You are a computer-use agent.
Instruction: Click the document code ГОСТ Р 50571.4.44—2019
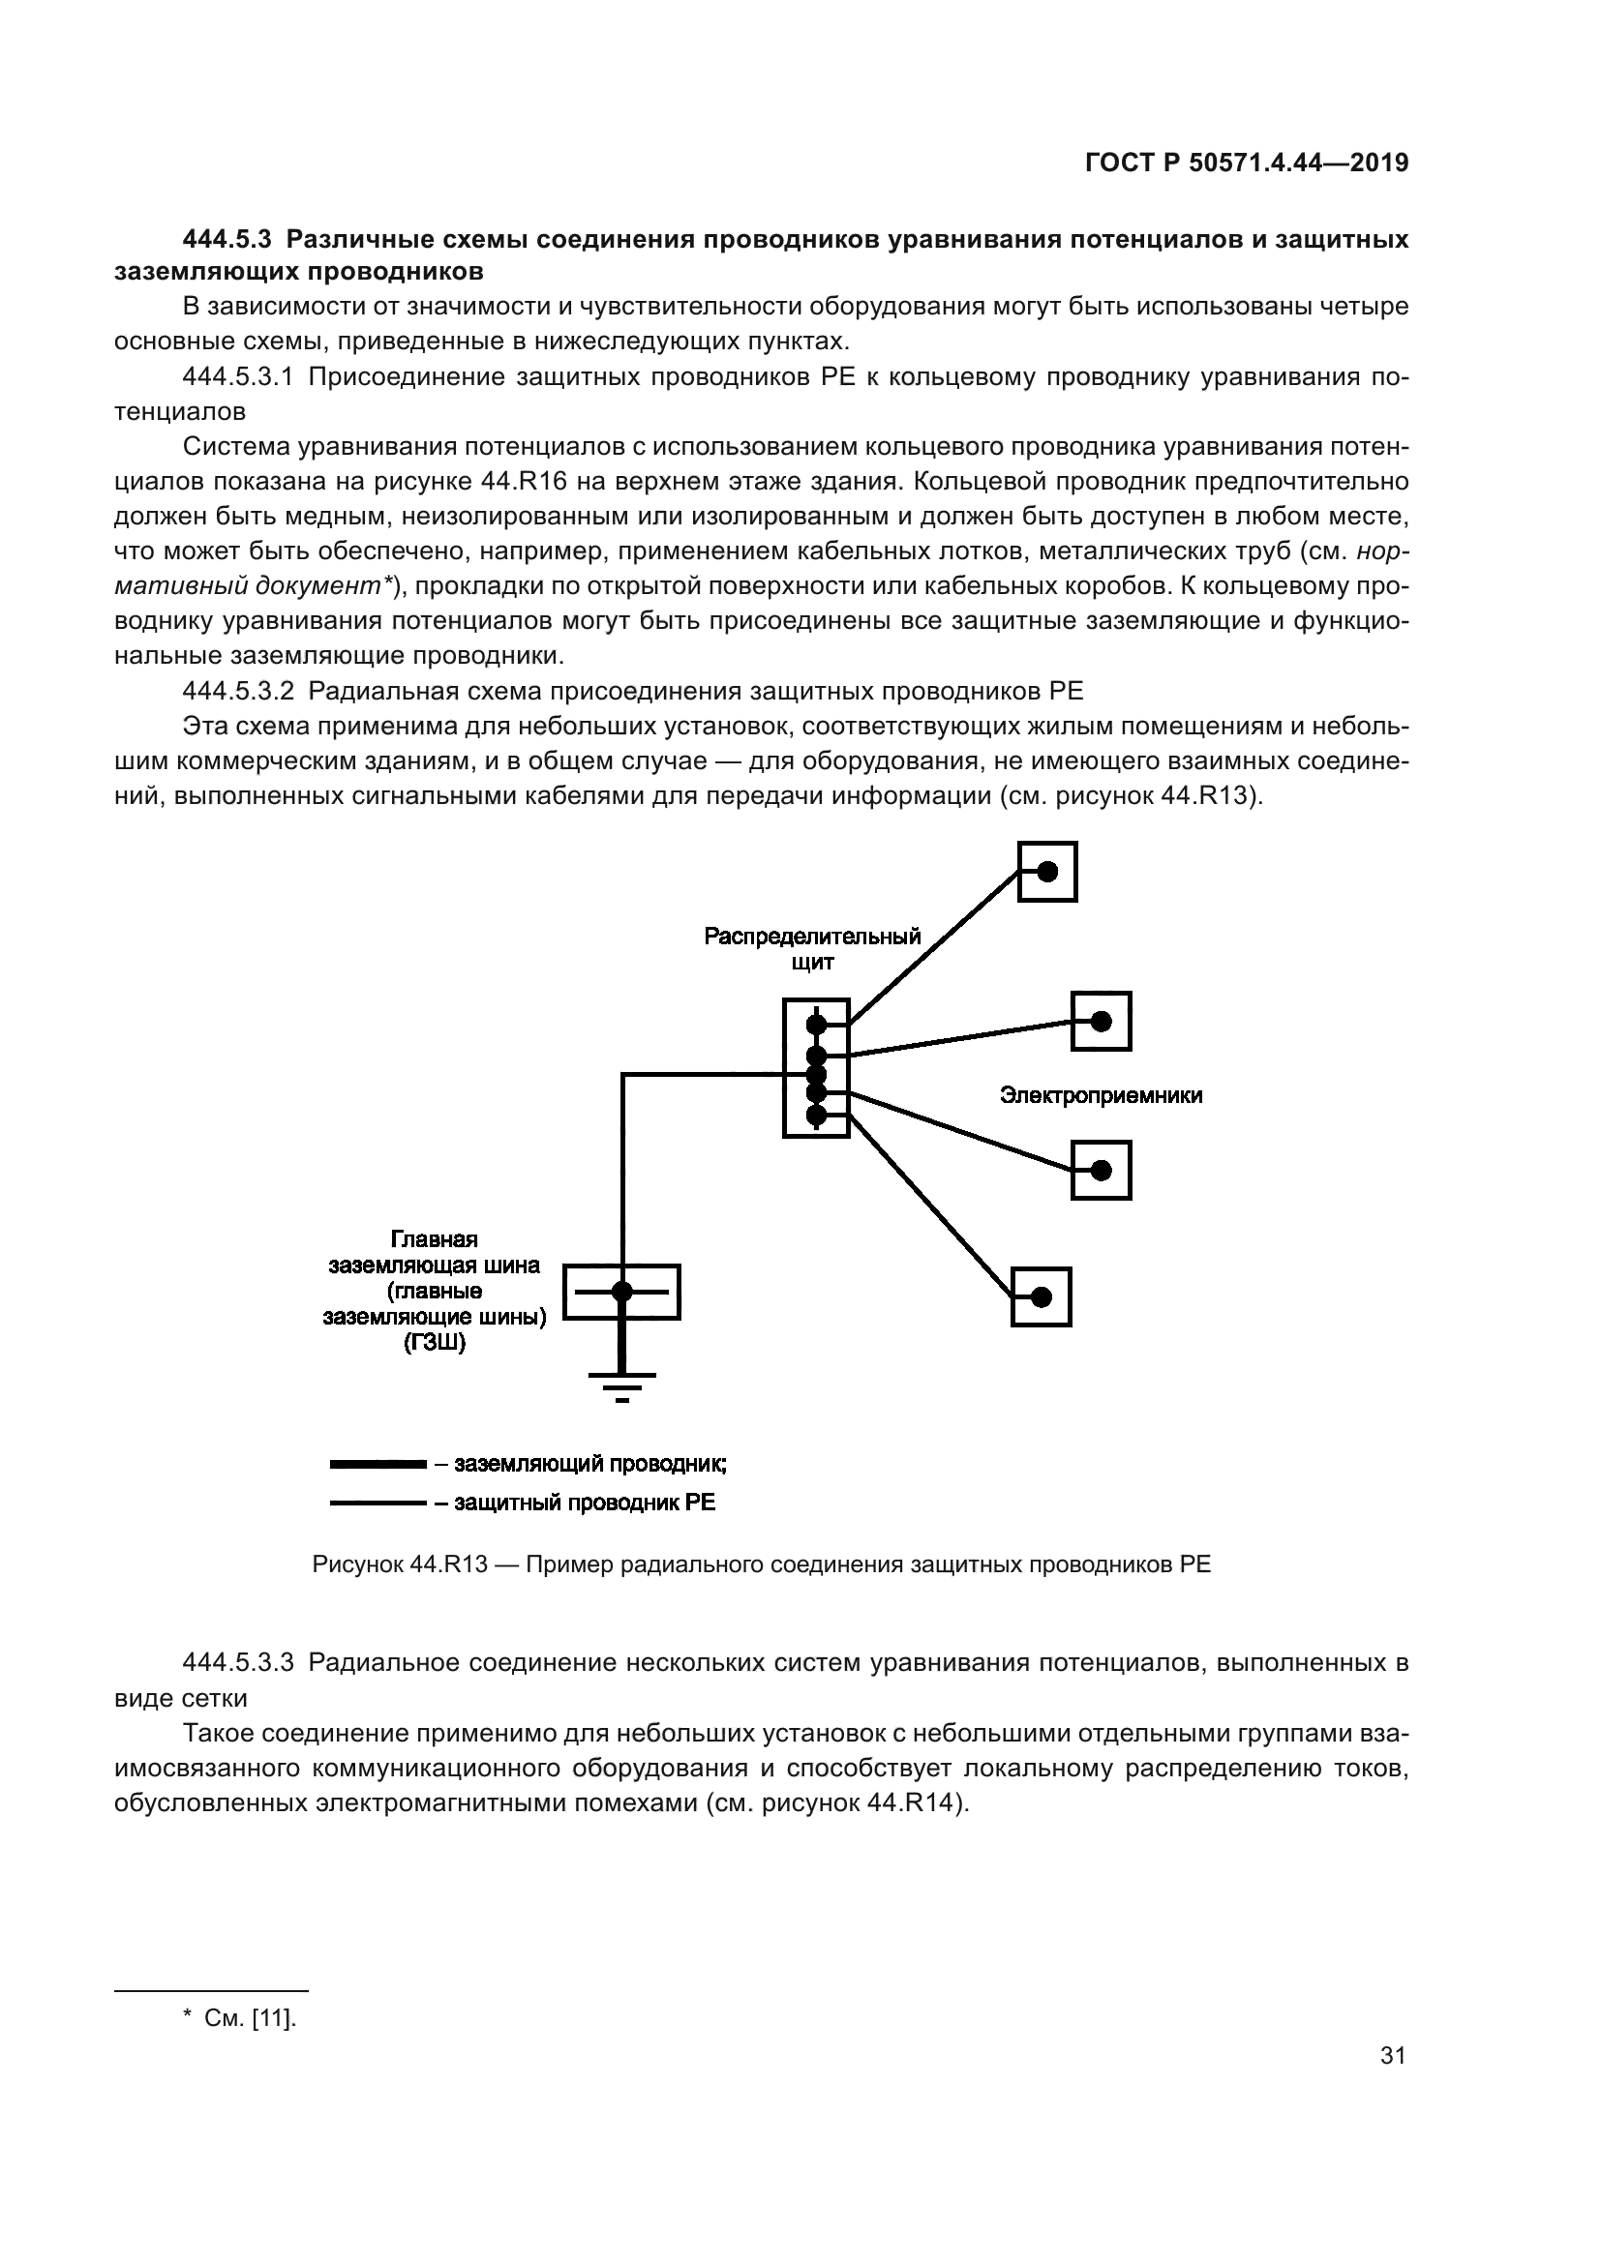coord(1246,164)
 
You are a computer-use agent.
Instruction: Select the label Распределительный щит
coord(811,948)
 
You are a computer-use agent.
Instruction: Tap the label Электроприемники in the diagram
coord(1101,1095)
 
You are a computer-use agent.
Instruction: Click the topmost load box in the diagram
coord(1047,872)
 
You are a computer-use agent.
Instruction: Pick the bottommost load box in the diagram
coord(1042,1296)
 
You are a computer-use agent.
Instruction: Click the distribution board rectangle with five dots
coord(816,1067)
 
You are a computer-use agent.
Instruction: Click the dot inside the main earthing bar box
coord(622,1292)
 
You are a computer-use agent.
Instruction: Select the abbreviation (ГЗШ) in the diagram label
coord(434,1343)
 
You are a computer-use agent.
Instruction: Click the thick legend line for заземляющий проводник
coord(378,1465)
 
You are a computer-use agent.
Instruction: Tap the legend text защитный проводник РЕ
coord(584,1503)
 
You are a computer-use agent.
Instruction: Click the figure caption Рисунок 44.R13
coord(399,1564)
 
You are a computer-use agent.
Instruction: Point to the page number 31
coord(1392,2055)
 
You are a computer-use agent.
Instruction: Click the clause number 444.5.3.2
coord(238,691)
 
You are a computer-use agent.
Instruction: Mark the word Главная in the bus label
coord(434,1239)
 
